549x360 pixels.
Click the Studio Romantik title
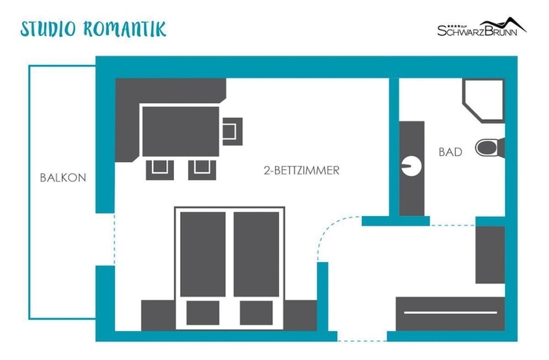tap(93, 29)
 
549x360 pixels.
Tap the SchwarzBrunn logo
tap(482, 27)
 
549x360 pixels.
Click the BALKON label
tap(63, 178)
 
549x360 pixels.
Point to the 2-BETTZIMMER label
tap(302, 171)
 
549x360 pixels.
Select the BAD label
tap(450, 152)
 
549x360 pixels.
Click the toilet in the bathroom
tap(489, 148)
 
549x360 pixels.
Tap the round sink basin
tap(411, 166)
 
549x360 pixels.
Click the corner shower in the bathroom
tap(484, 100)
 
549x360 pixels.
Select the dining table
tap(181, 131)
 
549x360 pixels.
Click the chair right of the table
tap(232, 131)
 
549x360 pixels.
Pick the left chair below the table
tap(160, 170)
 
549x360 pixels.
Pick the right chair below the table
tap(202, 170)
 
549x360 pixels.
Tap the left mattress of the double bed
tap(203, 254)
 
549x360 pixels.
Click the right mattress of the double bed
tap(256, 254)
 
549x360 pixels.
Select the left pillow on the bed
tap(203, 312)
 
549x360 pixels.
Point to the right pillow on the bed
tap(256, 312)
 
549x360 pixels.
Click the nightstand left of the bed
tap(158, 315)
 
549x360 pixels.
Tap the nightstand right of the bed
tap(301, 315)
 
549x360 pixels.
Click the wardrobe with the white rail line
tap(450, 314)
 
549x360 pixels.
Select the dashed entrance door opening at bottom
tap(362, 340)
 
